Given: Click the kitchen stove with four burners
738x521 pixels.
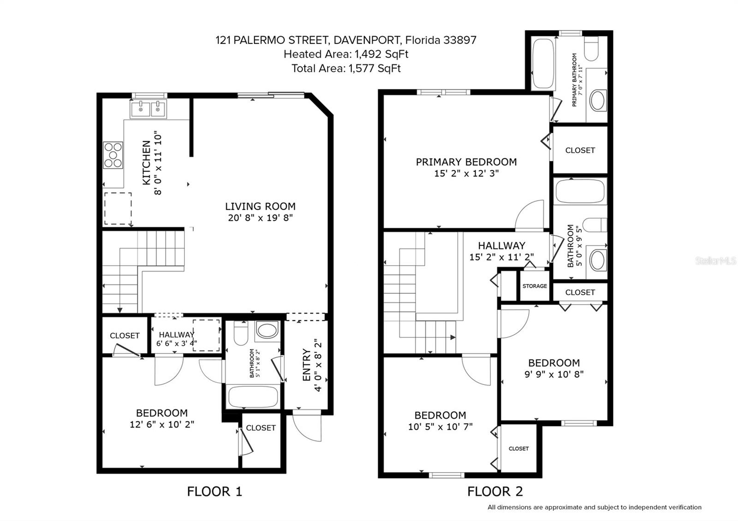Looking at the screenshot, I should coord(113,155).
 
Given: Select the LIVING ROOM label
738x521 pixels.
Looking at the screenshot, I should coord(260,207).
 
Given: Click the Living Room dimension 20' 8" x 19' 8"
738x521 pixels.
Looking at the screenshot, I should coord(260,218).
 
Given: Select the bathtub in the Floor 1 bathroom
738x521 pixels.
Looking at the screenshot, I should coord(253,397).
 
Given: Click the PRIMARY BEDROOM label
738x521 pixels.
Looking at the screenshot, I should coord(466,162).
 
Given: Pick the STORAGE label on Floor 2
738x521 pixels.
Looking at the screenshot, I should coord(535,286).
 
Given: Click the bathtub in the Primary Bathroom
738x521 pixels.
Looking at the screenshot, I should coord(543,64).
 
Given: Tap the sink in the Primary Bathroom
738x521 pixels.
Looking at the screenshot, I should coord(598,100).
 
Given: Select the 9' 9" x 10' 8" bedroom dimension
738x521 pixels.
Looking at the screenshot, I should coord(553,374).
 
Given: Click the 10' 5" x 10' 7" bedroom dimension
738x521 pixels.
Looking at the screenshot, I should coord(440,427).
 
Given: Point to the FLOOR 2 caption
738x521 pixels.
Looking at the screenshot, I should coord(495,491).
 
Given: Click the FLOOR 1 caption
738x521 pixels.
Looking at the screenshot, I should coord(214,491).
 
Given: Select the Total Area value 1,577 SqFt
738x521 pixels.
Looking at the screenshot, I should coord(375,69).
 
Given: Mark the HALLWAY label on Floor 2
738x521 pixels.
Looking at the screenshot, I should coord(501,246).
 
